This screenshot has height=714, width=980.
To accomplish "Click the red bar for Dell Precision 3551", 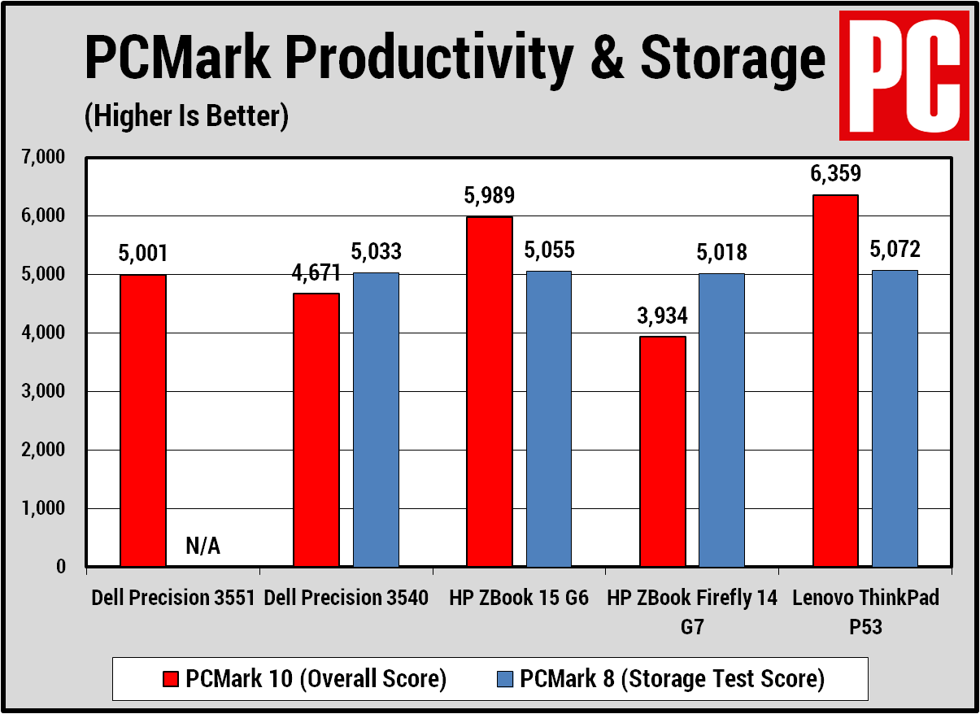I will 143,420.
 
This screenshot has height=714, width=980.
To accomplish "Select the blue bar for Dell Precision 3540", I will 376,419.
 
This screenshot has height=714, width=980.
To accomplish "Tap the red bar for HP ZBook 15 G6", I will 490,391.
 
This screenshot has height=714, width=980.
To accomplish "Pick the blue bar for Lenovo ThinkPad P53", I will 895,418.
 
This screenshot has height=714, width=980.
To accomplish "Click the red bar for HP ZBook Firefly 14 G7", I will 662,451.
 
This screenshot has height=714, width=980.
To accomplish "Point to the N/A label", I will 203,546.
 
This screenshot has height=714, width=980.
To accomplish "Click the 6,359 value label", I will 835,174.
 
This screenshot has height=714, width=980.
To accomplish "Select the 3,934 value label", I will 662,315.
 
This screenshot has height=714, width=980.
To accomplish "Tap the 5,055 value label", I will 549,250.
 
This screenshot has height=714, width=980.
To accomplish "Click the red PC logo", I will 904,75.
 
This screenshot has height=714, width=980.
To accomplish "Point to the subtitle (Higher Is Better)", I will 186,116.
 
